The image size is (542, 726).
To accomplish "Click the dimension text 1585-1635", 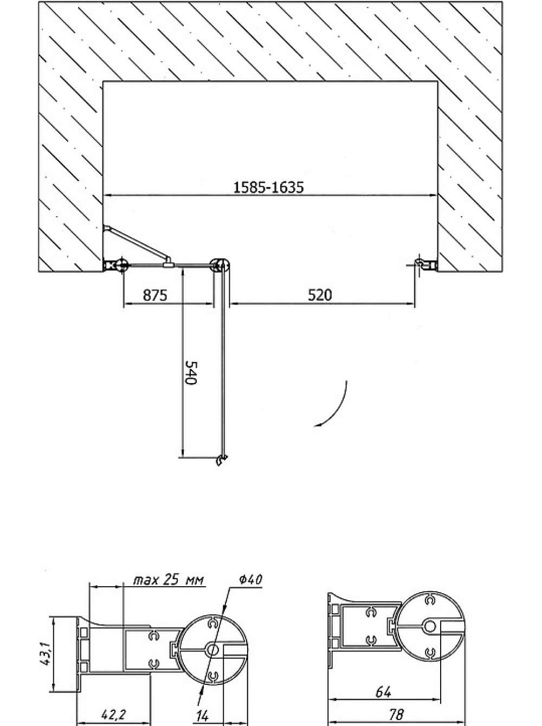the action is [x=268, y=187].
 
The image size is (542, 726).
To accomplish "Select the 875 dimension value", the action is [x=155, y=295].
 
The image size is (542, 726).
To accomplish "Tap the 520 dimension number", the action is [x=320, y=295].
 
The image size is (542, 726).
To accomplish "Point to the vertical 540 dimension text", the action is [x=191, y=373].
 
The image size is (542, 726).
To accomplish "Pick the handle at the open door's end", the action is [x=221, y=460].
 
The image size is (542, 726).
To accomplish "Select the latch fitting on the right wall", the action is [x=427, y=264].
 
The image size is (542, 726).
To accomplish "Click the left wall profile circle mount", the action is [x=121, y=264].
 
